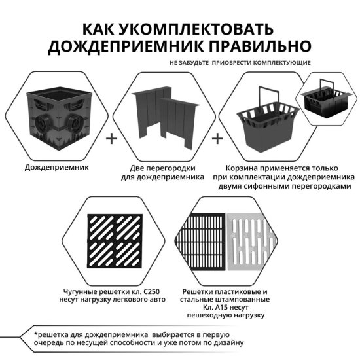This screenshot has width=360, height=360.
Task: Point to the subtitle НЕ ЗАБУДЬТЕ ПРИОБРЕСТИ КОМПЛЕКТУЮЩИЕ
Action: coord(240,63)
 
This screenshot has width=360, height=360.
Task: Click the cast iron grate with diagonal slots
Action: coord(116,242)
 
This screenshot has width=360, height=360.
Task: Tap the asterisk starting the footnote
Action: coord(37,334)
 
